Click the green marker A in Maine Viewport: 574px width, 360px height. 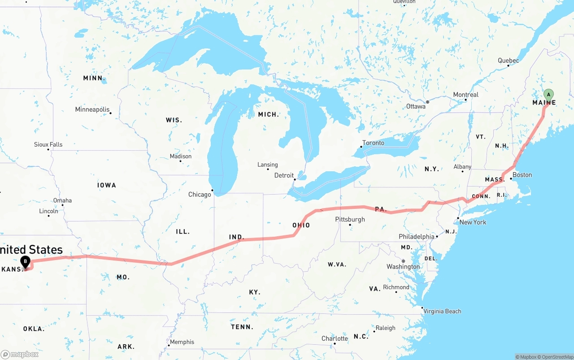point(548,95)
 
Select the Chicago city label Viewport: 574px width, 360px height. point(200,195)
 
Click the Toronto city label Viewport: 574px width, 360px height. point(373,143)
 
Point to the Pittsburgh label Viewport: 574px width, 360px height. point(350,220)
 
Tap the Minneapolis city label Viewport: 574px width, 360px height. point(92,110)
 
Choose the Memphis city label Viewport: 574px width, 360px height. point(182,342)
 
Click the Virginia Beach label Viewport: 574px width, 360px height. point(442,312)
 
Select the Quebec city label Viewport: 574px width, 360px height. point(508,61)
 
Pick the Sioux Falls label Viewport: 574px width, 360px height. point(48,145)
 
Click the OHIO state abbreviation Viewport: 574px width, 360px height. point(301,225)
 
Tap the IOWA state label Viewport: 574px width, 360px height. point(106,185)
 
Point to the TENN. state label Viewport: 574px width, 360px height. point(242,327)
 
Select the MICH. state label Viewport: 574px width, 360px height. point(268,115)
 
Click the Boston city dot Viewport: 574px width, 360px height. point(511,179)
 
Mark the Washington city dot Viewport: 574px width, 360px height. point(403,261)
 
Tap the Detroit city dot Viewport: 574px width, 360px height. point(295,179)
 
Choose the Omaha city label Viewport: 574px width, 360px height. point(62,200)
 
